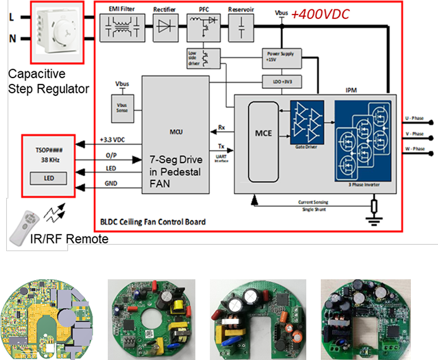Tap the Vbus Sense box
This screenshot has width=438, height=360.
click(121, 108)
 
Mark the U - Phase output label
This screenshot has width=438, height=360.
click(414, 118)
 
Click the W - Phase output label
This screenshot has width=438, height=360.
click(414, 149)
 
